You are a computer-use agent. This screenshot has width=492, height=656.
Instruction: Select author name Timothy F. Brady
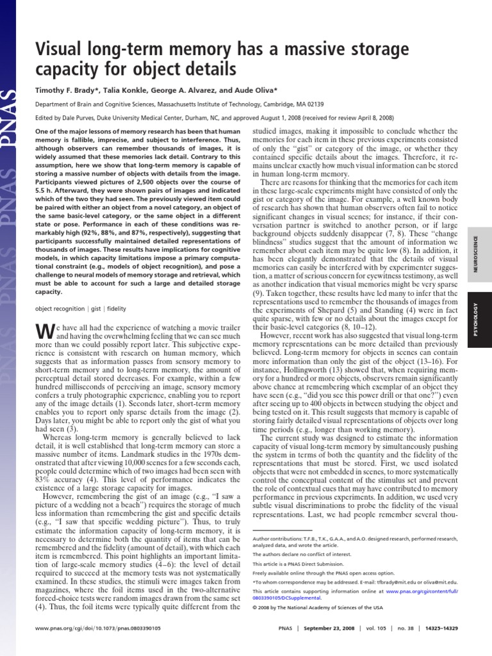tap(63, 90)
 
